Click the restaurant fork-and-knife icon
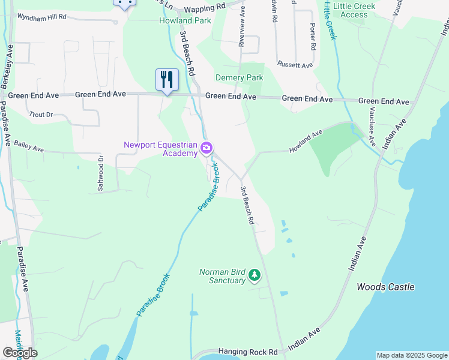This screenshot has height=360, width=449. (167, 79)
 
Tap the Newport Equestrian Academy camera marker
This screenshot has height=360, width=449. (207, 148)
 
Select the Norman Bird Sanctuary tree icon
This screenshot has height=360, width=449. (255, 275)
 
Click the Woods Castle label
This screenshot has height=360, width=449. (385, 287)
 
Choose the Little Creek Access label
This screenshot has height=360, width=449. (354, 10)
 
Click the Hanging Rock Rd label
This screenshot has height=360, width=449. (248, 352)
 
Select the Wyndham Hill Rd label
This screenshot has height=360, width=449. (41, 17)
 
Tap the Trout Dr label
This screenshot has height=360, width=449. (41, 114)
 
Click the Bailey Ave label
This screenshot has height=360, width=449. (29, 146)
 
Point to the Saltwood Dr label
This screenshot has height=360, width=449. (101, 173)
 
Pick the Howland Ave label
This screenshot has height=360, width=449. (306, 140)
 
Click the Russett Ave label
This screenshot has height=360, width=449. (295, 65)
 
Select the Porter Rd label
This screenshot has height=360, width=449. (313, 37)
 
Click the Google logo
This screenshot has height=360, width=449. (20, 353)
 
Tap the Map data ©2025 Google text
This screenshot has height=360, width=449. (411, 355)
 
